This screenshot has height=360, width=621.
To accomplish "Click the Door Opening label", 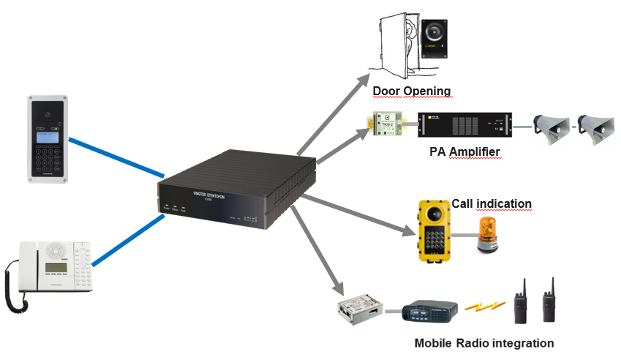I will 411,91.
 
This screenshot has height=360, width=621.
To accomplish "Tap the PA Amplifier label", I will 465,151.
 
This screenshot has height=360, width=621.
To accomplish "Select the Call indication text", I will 491,203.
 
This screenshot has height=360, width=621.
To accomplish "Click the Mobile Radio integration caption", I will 483,342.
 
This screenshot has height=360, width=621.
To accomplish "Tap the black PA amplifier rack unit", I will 463,125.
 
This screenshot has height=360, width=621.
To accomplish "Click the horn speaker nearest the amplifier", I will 550,125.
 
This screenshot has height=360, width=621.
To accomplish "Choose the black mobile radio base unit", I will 430,310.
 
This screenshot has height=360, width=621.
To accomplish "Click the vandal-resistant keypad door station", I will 49,138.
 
